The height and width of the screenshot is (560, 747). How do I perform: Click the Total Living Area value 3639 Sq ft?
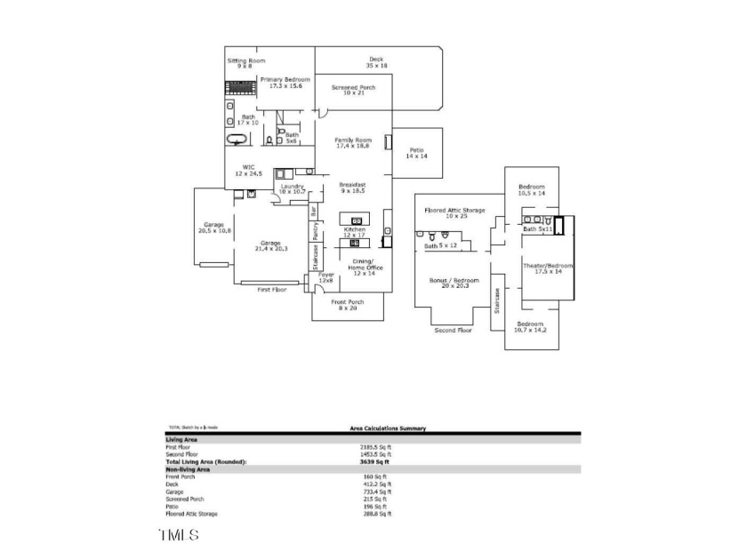(x=373, y=462)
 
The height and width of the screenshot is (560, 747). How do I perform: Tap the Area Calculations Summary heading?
(x=387, y=428)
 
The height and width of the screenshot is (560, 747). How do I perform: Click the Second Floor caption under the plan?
(x=453, y=330)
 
